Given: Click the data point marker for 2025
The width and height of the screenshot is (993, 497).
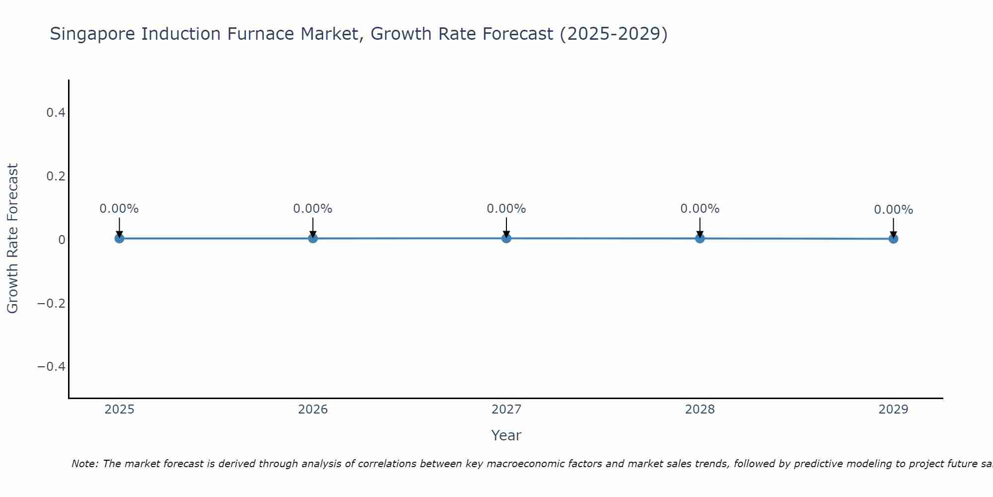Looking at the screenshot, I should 119,239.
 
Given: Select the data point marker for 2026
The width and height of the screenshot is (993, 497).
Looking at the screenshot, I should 313,239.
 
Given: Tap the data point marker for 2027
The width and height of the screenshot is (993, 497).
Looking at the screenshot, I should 506,239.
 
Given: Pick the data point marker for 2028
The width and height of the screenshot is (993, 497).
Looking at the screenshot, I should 700,239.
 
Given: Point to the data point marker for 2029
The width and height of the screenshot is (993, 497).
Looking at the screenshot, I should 893,239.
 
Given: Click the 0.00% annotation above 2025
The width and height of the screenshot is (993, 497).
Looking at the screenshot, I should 119,209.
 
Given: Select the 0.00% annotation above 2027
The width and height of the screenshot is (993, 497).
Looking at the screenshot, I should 506,209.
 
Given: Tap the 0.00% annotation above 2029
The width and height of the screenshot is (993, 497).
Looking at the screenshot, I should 893,210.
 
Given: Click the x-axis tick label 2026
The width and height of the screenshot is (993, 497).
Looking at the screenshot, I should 313,410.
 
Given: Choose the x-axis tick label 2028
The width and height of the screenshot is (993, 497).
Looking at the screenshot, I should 700,410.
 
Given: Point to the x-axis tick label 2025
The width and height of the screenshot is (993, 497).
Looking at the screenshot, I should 120,410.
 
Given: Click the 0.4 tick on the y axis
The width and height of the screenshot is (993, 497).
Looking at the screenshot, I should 56,113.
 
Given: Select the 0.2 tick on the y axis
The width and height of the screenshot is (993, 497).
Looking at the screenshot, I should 56,176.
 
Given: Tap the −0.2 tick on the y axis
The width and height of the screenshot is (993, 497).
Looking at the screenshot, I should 52,303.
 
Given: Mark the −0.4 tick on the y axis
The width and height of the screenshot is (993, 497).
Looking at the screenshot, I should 52,367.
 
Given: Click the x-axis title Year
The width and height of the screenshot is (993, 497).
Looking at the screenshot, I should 506,435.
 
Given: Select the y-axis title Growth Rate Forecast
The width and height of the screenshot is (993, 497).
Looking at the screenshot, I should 13,239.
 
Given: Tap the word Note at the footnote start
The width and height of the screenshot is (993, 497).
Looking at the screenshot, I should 84,464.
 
